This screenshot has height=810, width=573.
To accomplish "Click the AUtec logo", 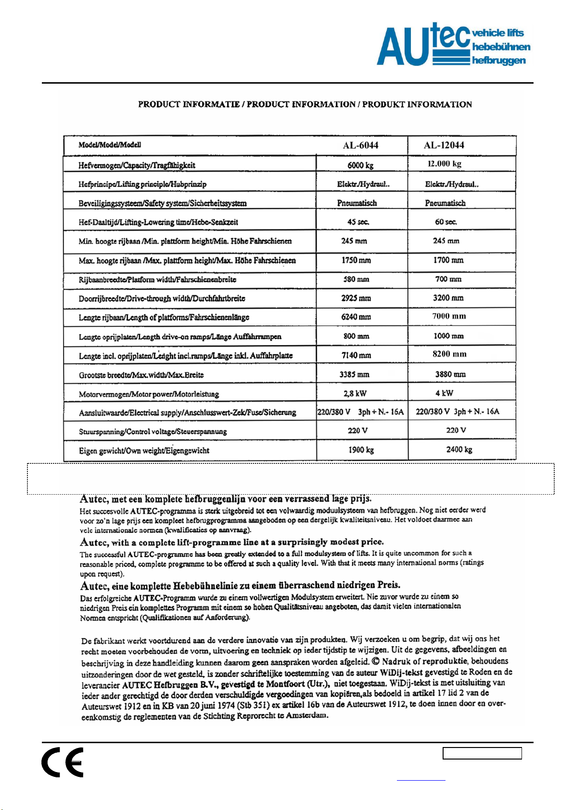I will tap(452, 44).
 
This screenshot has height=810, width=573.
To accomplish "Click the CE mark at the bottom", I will tap(63, 762).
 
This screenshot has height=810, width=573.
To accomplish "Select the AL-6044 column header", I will tap(361, 145).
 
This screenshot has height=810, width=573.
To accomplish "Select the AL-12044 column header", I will tap(444, 145).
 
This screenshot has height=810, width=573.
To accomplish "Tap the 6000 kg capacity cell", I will tap(361, 165).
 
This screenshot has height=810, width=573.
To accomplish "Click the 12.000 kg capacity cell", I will tap(445, 164).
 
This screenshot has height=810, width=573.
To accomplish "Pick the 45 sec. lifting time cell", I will tap(358, 222).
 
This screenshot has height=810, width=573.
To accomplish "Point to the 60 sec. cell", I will tap(446, 222).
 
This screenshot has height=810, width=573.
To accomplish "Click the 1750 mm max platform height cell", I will tap(357, 260).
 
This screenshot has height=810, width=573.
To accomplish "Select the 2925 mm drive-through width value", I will tap(357, 298).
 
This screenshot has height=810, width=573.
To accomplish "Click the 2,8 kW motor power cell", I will tap(355, 393).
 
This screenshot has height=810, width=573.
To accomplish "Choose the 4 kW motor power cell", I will tap(445, 393).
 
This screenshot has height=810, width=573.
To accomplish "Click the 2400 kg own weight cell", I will tap(459, 449).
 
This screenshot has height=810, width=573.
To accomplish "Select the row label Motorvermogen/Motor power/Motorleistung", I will tap(149, 394).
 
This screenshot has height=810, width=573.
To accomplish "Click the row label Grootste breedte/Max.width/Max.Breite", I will tap(141, 375).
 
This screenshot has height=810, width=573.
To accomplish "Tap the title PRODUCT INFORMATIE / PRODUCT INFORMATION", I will tap(305, 104).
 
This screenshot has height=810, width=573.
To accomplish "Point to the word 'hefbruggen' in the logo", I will tap(499, 61).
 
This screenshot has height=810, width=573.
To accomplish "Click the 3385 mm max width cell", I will tap(355, 374).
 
